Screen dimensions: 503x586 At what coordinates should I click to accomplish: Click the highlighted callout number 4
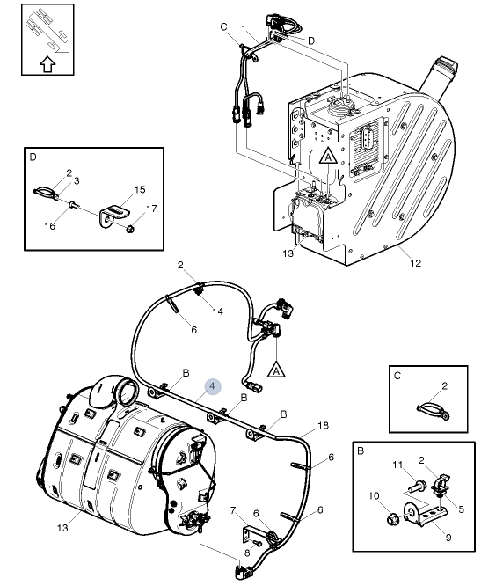pos(213,386)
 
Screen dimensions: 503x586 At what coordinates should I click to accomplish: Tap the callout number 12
pos(415,263)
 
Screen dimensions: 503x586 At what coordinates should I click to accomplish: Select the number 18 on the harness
pos(323,425)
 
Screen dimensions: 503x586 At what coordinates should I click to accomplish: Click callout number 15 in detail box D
pos(140,189)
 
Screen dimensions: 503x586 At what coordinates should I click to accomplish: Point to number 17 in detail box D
pos(151,209)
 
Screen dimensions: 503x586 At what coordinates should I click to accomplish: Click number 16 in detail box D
pos(49,226)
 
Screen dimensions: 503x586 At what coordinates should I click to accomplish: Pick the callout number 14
pos(218,311)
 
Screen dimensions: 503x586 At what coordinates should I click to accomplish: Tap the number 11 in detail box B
pos(397,465)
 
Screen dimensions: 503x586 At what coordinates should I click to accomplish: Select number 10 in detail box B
pos(374,496)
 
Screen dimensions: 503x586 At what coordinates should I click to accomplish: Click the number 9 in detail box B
pos(448,538)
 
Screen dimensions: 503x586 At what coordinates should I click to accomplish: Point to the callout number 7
pos(233,510)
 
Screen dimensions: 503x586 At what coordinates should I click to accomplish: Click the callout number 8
pos(247,553)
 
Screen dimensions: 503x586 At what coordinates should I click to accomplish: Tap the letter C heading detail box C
pos(397,376)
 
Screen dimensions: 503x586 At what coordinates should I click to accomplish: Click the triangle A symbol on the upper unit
pos(328,156)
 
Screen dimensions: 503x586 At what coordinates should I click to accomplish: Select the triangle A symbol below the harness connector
pos(276,370)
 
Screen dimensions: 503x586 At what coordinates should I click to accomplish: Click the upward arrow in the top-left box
pos(47,64)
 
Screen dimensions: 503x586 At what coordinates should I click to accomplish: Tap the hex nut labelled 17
pos(131,228)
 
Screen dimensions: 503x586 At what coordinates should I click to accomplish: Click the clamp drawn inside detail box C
pos(434,410)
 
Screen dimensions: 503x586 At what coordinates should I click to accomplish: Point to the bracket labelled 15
pos(114,216)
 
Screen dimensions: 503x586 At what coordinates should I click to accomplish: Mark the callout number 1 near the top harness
pos(244,28)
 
